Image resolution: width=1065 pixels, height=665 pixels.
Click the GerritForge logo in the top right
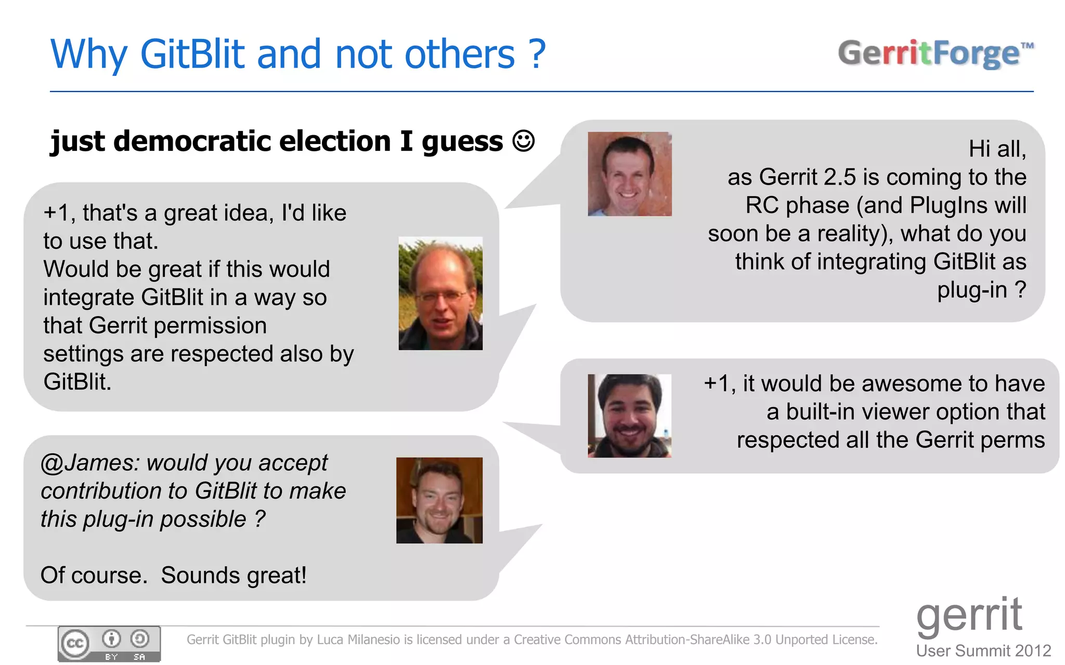(935, 54)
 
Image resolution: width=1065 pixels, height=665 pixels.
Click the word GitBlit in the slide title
(192, 54)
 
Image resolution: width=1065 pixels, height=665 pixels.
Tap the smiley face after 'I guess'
(523, 141)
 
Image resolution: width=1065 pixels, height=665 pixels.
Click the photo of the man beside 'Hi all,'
(629, 174)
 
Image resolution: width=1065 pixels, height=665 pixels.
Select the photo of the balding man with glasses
(440, 293)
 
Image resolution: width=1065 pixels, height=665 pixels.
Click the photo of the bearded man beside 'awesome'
(629, 416)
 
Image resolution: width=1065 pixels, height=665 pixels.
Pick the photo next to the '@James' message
(439, 500)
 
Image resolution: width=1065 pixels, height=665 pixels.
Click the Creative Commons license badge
(109, 643)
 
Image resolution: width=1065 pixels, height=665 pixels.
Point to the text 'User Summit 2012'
(983, 650)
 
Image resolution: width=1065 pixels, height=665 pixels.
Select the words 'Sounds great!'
(233, 576)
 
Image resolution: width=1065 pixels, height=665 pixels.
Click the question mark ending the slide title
(537, 54)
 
